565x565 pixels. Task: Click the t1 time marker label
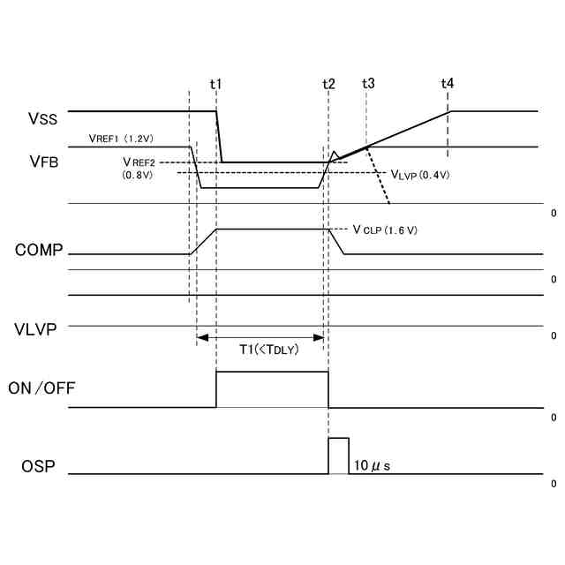(215, 84)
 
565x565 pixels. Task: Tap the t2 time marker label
(328, 84)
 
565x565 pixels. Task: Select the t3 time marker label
(368, 84)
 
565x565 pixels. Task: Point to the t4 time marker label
(448, 84)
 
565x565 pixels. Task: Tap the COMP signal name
(39, 250)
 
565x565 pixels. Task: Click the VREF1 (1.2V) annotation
(122, 139)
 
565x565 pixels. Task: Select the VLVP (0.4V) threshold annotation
(420, 175)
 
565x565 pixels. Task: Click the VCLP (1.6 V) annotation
(384, 230)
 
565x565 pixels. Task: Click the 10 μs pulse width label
(372, 464)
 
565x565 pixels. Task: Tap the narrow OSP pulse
(338, 456)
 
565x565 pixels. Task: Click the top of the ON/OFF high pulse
(272, 372)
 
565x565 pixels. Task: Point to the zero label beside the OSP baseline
(554, 484)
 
